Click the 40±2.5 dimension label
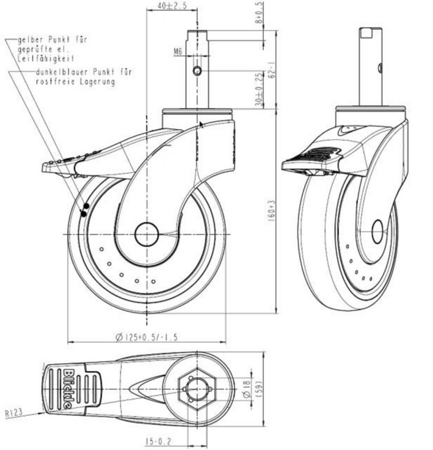[172, 5]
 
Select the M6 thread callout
[178, 52]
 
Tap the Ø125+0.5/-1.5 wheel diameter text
[146, 337]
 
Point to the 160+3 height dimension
[271, 211]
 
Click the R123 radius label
[14, 413]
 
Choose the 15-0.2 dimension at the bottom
[158, 442]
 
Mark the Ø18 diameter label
[247, 389]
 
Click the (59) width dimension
[258, 389]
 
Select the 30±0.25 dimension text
[259, 89]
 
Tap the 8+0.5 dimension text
[259, 13]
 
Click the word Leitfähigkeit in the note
[46, 59]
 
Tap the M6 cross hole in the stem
[197, 70]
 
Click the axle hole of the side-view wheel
[146, 234]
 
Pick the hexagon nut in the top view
[197, 389]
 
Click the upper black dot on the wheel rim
[86, 206]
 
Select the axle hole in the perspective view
[378, 232]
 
